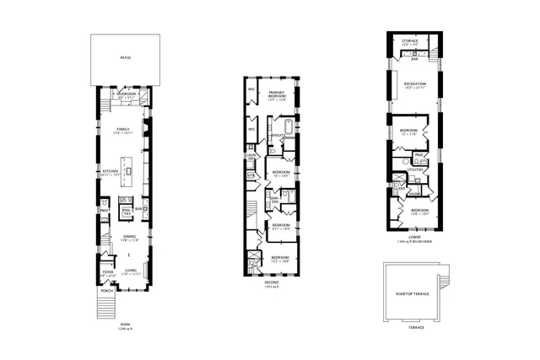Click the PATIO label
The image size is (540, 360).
pyautogui.click(x=125, y=59)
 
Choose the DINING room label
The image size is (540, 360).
pyautogui.click(x=129, y=238)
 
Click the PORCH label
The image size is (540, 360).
pyautogui.click(x=107, y=290)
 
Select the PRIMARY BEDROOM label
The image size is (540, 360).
pyautogui.click(x=277, y=94)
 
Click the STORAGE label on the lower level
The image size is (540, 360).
pyautogui.click(x=410, y=41)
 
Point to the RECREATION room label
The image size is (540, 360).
pyautogui.click(x=413, y=85)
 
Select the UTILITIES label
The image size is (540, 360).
pyautogui.click(x=414, y=169)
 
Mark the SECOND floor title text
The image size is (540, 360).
pyautogui.click(x=270, y=282)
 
